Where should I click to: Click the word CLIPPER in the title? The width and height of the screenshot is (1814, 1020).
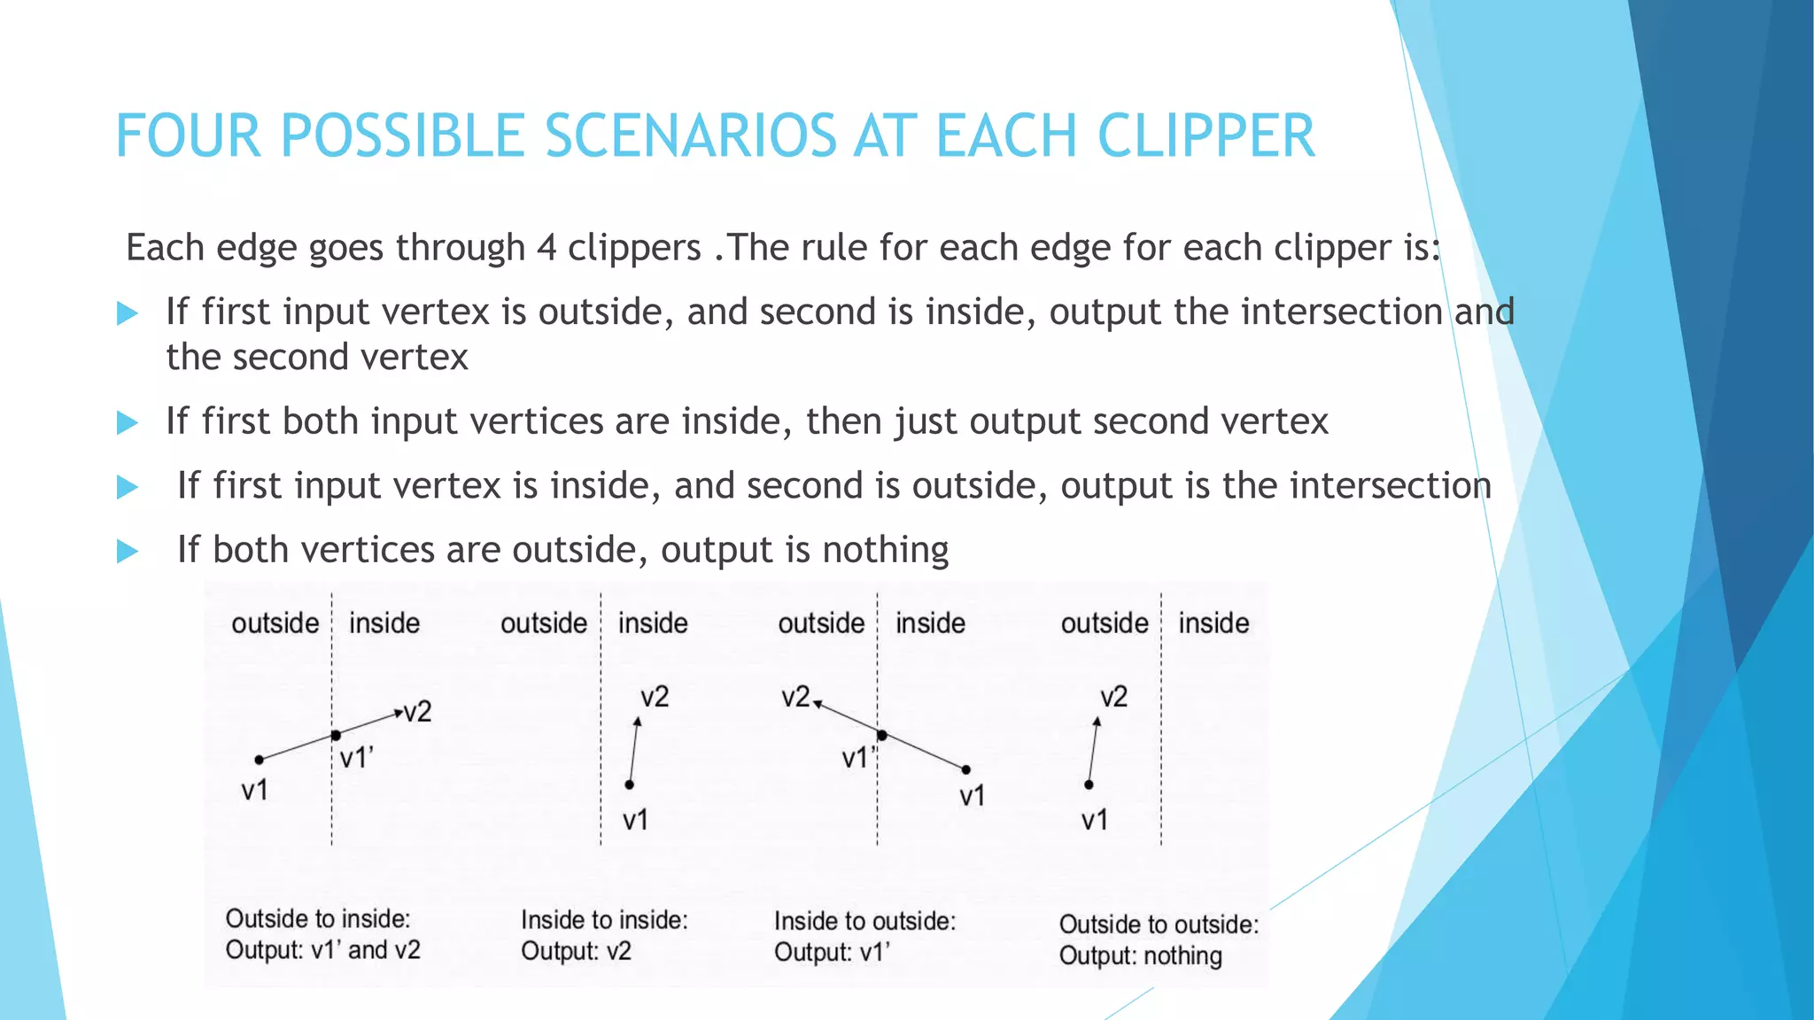pyautogui.click(x=1205, y=136)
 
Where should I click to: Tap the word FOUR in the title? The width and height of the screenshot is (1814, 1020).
pyautogui.click(x=188, y=136)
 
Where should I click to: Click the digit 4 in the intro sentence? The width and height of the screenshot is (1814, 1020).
pyautogui.click(x=547, y=247)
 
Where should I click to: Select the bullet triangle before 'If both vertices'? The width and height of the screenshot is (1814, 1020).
pyautogui.click(x=128, y=552)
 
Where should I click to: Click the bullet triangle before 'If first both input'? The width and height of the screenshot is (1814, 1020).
pyautogui.click(x=128, y=423)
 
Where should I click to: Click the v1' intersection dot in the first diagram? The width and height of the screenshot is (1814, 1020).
pyautogui.click(x=336, y=736)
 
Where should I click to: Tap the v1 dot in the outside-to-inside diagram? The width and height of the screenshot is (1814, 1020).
pyautogui.click(x=259, y=760)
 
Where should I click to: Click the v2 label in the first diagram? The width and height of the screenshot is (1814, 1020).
pyautogui.click(x=417, y=712)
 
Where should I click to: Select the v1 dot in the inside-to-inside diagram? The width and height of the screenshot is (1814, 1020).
pyautogui.click(x=629, y=784)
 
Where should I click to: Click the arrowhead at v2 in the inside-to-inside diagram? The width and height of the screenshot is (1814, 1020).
pyautogui.click(x=638, y=721)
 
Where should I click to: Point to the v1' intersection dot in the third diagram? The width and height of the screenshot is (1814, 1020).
pyautogui.click(x=882, y=735)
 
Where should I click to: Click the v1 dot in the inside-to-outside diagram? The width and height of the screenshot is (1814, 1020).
pyautogui.click(x=966, y=769)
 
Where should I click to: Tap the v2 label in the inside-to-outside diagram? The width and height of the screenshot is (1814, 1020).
pyautogui.click(x=795, y=698)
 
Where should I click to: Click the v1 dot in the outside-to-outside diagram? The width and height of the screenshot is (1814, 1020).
pyautogui.click(x=1089, y=784)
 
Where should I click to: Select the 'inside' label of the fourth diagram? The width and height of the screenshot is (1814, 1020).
pyautogui.click(x=1213, y=623)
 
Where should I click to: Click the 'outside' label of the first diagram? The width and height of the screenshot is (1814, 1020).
pyautogui.click(x=275, y=623)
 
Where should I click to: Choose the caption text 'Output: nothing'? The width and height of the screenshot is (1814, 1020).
pyautogui.click(x=1140, y=956)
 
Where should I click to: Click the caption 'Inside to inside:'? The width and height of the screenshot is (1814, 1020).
pyautogui.click(x=604, y=920)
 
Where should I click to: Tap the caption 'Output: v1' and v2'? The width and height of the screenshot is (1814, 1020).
pyautogui.click(x=322, y=950)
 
